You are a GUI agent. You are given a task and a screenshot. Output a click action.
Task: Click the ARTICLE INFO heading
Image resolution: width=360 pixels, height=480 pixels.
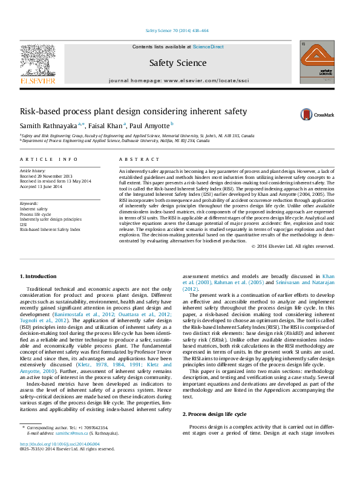click(x=49, y=159)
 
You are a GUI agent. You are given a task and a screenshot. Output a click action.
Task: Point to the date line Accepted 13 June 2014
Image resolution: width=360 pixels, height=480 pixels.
click(x=44, y=186)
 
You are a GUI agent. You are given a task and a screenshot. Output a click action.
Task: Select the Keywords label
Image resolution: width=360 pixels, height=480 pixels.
click(x=29, y=204)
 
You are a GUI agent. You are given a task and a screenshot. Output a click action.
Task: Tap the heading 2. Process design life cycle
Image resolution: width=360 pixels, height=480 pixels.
click(x=214, y=414)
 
